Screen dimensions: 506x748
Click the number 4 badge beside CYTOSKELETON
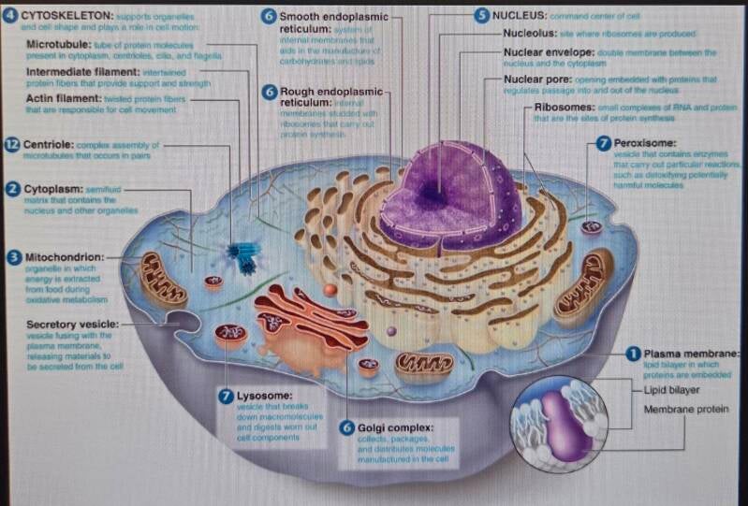click(x=11, y=16)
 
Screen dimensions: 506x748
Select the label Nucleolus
click(x=527, y=34)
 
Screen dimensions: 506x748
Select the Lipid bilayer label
click(x=674, y=390)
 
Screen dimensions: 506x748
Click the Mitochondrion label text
click(x=64, y=256)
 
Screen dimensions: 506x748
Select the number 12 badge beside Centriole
click(x=11, y=145)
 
